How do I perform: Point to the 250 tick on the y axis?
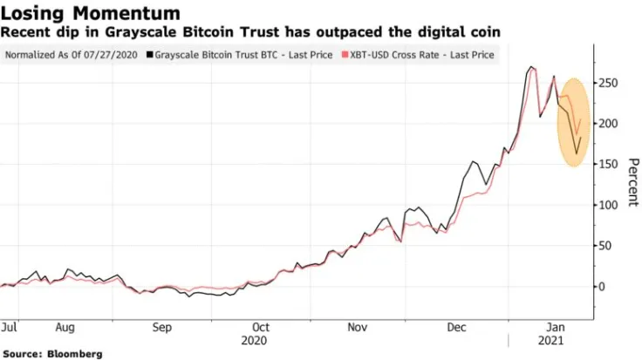(x=608, y=83)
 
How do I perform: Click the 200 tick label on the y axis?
(x=608, y=124)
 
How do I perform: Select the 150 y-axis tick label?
(x=608, y=164)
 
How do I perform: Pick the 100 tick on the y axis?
(x=608, y=205)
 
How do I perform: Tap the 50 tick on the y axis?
(x=604, y=246)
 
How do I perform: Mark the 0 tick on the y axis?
(x=601, y=286)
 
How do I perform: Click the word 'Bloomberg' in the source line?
(x=74, y=353)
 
